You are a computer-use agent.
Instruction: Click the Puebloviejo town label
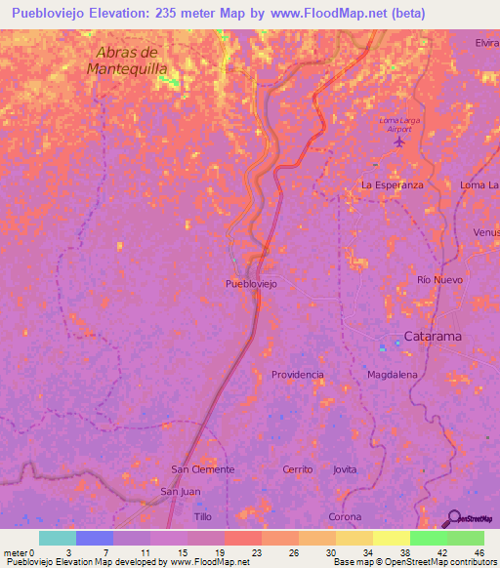click(251, 283)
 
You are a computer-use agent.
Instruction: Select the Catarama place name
click(434, 337)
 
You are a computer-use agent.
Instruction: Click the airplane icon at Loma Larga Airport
click(398, 142)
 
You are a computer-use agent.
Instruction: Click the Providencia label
click(297, 375)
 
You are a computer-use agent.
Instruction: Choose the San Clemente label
click(203, 469)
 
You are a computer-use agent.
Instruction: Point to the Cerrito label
click(297, 469)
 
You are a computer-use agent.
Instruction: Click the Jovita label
click(345, 469)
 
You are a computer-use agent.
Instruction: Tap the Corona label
click(345, 516)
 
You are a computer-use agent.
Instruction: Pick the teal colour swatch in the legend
click(58, 538)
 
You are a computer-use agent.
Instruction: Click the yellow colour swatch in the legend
click(392, 538)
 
